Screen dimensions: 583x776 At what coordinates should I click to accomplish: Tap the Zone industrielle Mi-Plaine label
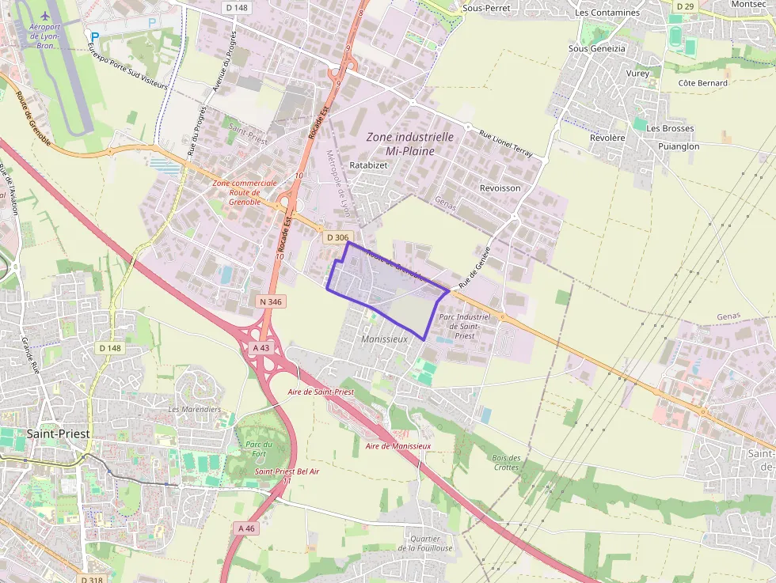pyautogui.click(x=409, y=143)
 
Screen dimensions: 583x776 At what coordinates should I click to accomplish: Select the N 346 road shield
pyautogui.click(x=270, y=301)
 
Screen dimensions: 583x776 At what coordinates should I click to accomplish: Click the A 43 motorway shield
pyautogui.click(x=261, y=347)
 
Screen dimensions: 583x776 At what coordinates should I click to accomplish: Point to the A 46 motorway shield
pyautogui.click(x=246, y=528)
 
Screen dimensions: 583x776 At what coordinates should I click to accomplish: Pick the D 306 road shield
pyautogui.click(x=337, y=237)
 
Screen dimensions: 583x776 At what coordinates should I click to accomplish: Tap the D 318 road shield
pyautogui.click(x=92, y=579)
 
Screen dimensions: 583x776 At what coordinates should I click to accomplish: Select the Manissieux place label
pyautogui.click(x=383, y=339)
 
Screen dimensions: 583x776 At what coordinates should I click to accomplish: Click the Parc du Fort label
pyautogui.click(x=259, y=449)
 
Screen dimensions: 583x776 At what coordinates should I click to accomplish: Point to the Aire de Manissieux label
pyautogui.click(x=398, y=446)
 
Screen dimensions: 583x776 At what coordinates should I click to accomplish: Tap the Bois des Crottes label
pyautogui.click(x=507, y=462)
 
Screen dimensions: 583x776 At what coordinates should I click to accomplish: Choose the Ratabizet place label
pyautogui.click(x=368, y=165)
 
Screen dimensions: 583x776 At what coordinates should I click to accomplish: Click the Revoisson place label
pyautogui.click(x=500, y=188)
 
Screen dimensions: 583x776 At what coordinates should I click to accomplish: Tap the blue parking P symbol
pyautogui.click(x=95, y=36)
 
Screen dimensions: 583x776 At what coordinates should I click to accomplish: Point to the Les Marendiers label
pyautogui.click(x=195, y=409)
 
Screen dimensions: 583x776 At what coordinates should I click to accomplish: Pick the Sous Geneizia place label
pyautogui.click(x=597, y=48)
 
